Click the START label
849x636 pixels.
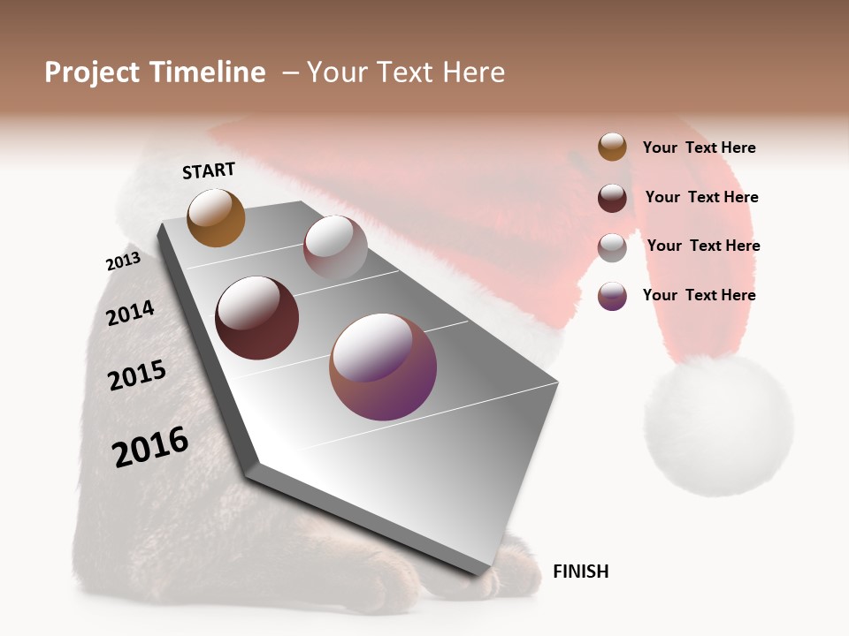click(209, 170)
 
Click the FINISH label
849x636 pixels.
click(580, 572)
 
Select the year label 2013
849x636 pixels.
click(123, 261)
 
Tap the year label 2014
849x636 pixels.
click(130, 313)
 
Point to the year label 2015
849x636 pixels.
click(137, 375)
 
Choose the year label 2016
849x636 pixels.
click(150, 446)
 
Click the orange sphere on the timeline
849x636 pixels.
click(216, 217)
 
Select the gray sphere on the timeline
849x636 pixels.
click(335, 247)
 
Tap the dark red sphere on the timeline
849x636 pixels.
click(256, 318)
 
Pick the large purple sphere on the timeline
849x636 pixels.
click(383, 367)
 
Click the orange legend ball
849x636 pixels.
click(612, 148)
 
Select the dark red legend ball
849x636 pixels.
click(612, 198)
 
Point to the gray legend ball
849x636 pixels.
click(612, 247)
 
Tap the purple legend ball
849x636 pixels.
click(612, 296)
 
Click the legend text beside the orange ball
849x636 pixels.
click(699, 148)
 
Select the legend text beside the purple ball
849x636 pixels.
click(699, 295)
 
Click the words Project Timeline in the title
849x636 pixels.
click(155, 72)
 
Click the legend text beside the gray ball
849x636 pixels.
click(703, 246)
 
